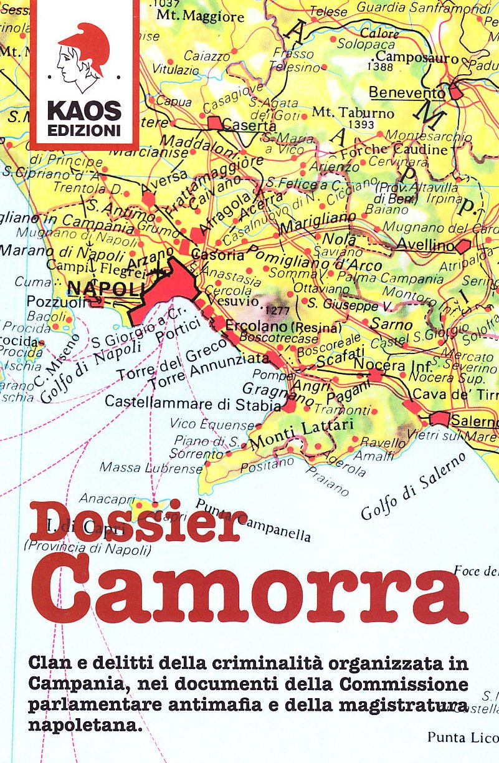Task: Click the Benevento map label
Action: point(407,93)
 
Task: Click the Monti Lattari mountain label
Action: point(302,434)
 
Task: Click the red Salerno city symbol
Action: point(440,418)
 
